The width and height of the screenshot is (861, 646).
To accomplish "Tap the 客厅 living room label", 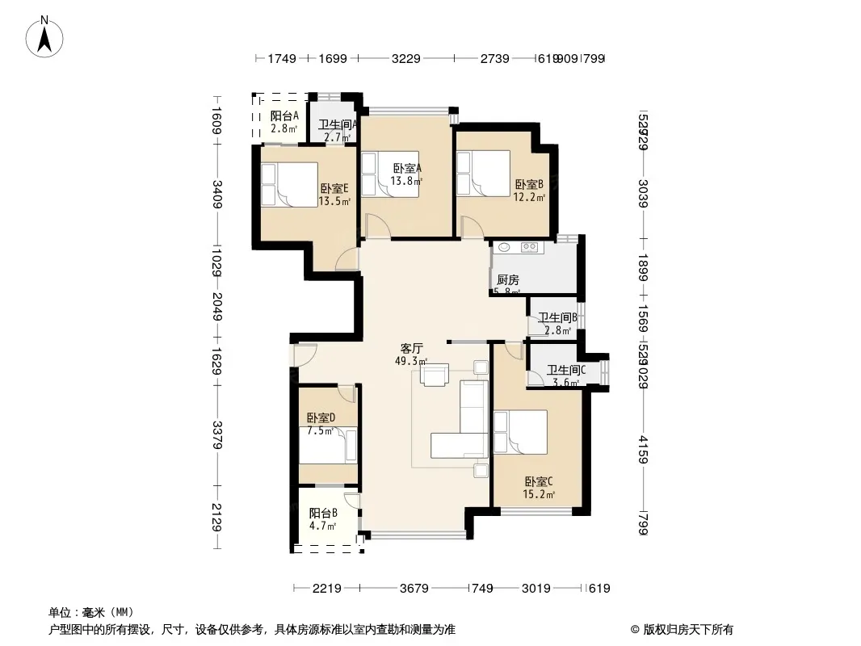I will click(x=412, y=349).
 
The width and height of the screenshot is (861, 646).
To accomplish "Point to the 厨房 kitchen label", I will click(x=508, y=280).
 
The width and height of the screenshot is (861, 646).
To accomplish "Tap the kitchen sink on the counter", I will click(x=504, y=248).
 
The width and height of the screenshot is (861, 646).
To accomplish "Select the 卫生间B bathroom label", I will click(x=556, y=318).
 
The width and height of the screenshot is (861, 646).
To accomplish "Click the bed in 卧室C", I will click(x=521, y=432).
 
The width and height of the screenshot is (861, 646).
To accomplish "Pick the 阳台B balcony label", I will click(x=323, y=513).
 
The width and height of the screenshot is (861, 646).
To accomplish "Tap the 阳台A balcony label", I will click(x=284, y=116).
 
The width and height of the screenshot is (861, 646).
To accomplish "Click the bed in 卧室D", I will click(x=327, y=445).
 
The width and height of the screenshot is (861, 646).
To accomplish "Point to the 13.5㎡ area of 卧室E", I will click(x=334, y=202).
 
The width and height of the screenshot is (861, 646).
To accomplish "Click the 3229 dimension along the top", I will click(x=405, y=58).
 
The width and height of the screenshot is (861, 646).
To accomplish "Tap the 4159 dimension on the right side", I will click(x=642, y=450).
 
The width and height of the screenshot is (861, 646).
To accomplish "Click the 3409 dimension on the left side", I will click(x=216, y=195).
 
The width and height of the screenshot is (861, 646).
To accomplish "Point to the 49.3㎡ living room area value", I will click(x=411, y=362).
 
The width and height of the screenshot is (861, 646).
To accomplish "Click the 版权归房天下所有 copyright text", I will click(x=682, y=630).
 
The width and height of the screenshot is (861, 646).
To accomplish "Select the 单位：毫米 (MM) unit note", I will click(x=90, y=612).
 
